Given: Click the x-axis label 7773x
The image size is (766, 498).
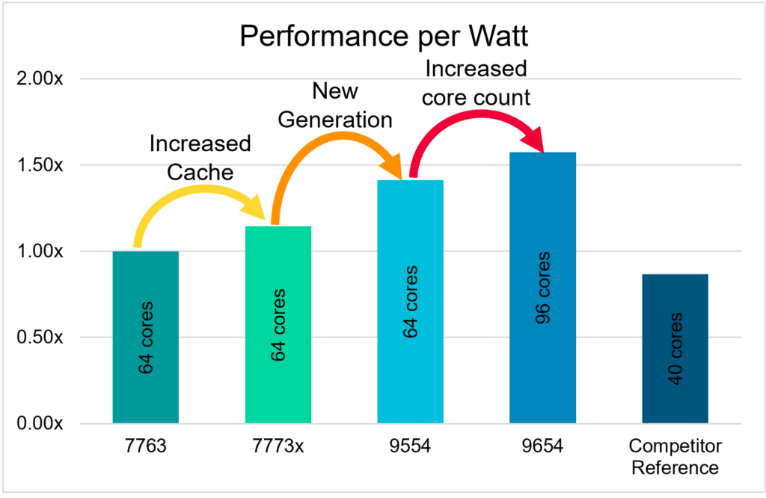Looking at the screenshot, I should click(x=278, y=447).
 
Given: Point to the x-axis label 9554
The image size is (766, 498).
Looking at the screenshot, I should click(x=410, y=447).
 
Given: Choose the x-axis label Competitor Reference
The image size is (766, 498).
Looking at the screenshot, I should click(x=675, y=458).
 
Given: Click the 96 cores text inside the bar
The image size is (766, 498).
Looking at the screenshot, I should click(x=542, y=288).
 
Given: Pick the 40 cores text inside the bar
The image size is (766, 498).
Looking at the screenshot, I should click(x=675, y=348).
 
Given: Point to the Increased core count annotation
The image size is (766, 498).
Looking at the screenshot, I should click(x=476, y=82).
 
